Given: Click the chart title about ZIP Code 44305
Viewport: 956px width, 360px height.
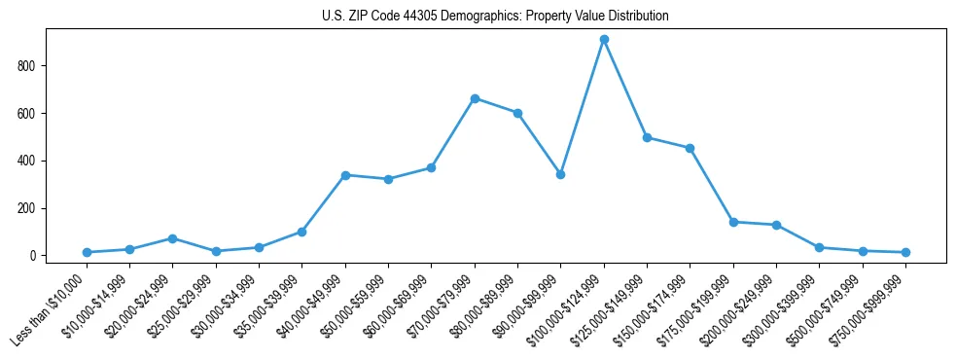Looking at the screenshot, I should pos(495,17).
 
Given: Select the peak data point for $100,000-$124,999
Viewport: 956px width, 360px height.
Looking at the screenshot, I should pos(604,39).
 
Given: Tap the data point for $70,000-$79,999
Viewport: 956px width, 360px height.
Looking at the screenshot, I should pos(475,98).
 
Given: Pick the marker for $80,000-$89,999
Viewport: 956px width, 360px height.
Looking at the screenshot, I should pos(517,113).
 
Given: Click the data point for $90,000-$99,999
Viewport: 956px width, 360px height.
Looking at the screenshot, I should pos(561,174).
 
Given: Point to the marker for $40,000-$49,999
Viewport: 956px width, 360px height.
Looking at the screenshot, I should pos(345,175).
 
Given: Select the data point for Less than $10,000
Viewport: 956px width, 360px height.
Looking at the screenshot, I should pos(87,252).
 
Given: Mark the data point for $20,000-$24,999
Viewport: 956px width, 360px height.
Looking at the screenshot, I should pos(172,238).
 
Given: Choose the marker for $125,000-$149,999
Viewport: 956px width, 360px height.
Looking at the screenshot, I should pos(647,137).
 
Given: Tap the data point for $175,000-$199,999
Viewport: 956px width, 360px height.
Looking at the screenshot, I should pos(733,222).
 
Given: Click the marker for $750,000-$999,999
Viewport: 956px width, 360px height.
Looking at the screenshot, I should pos(905,252).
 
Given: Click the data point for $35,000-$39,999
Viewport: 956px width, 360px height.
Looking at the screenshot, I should pos(301,232).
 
